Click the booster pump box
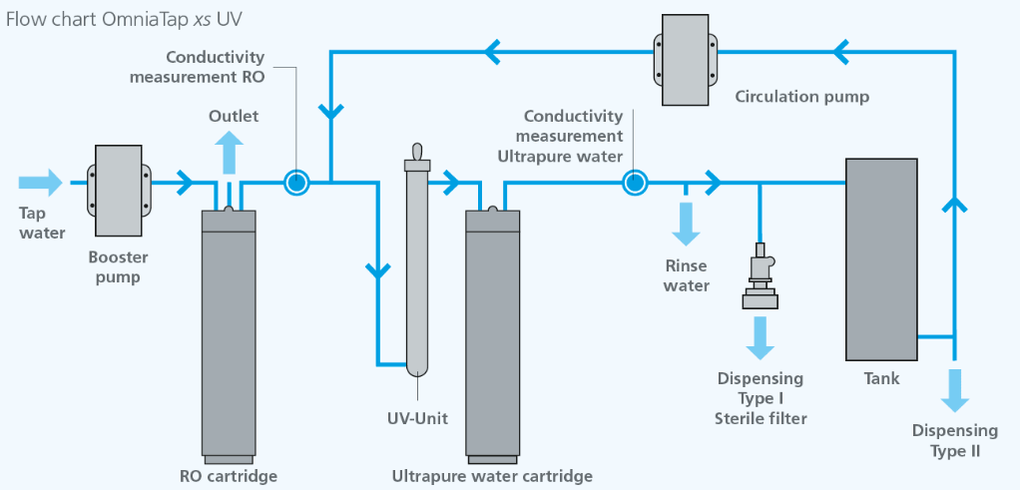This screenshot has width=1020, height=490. pyautogui.click(x=119, y=191)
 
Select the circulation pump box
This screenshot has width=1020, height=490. pyautogui.click(x=686, y=60)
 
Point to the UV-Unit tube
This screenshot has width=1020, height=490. pyautogui.click(x=416, y=260)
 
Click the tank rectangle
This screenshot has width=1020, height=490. pyautogui.click(x=881, y=259)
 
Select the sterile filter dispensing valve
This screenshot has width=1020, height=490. pyautogui.click(x=760, y=275)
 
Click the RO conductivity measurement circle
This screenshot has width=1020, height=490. pyautogui.click(x=296, y=183)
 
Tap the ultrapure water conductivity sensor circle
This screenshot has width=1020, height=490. pyautogui.click(x=634, y=183)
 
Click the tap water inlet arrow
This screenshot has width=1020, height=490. pyautogui.click(x=40, y=183)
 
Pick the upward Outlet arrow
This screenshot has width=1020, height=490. pyautogui.click(x=229, y=152)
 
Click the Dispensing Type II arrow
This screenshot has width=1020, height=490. pyautogui.click(x=955, y=390)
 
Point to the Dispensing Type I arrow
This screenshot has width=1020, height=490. pyautogui.click(x=760, y=338)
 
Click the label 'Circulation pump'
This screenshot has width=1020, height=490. pyautogui.click(x=802, y=98)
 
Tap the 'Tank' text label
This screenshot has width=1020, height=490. pyautogui.click(x=881, y=378)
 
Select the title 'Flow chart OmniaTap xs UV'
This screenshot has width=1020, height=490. pyautogui.click(x=124, y=19)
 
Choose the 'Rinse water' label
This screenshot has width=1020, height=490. pyautogui.click(x=687, y=275)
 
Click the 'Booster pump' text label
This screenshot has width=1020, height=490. pyautogui.click(x=119, y=266)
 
